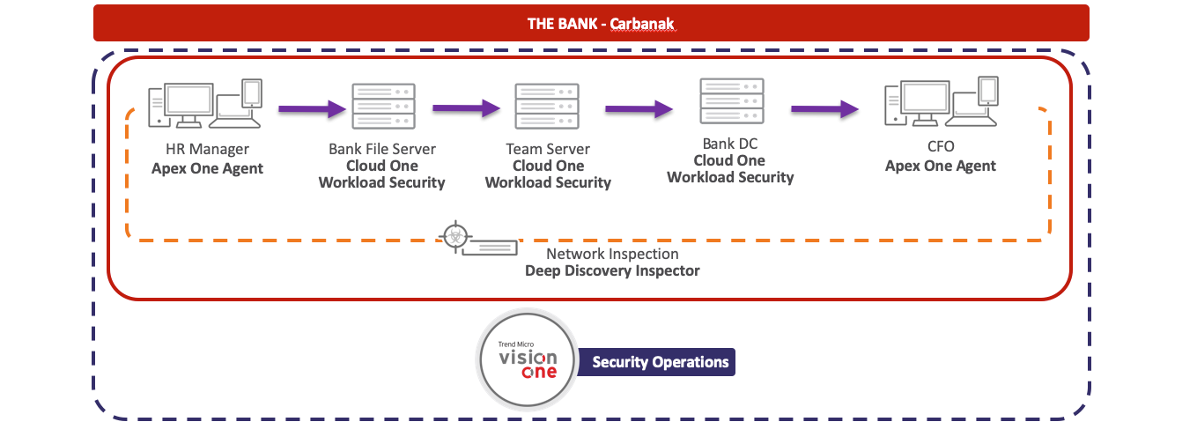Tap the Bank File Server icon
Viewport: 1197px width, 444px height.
[382, 107]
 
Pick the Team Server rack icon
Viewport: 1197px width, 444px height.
[547, 107]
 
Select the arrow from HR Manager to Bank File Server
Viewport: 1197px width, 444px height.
[312, 109]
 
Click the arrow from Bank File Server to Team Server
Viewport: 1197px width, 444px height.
[466, 108]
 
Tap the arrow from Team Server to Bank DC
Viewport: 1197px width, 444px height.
[639, 108]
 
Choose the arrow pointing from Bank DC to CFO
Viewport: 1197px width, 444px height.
[824, 108]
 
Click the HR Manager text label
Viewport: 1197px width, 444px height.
[207, 150]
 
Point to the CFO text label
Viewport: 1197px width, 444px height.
[941, 146]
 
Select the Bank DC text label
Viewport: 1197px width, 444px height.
[729, 143]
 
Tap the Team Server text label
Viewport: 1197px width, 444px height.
[548, 149]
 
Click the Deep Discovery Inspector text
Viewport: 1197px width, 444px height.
[612, 270]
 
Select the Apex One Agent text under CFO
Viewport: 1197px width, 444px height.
[941, 166]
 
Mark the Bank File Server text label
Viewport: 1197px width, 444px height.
[382, 149]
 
